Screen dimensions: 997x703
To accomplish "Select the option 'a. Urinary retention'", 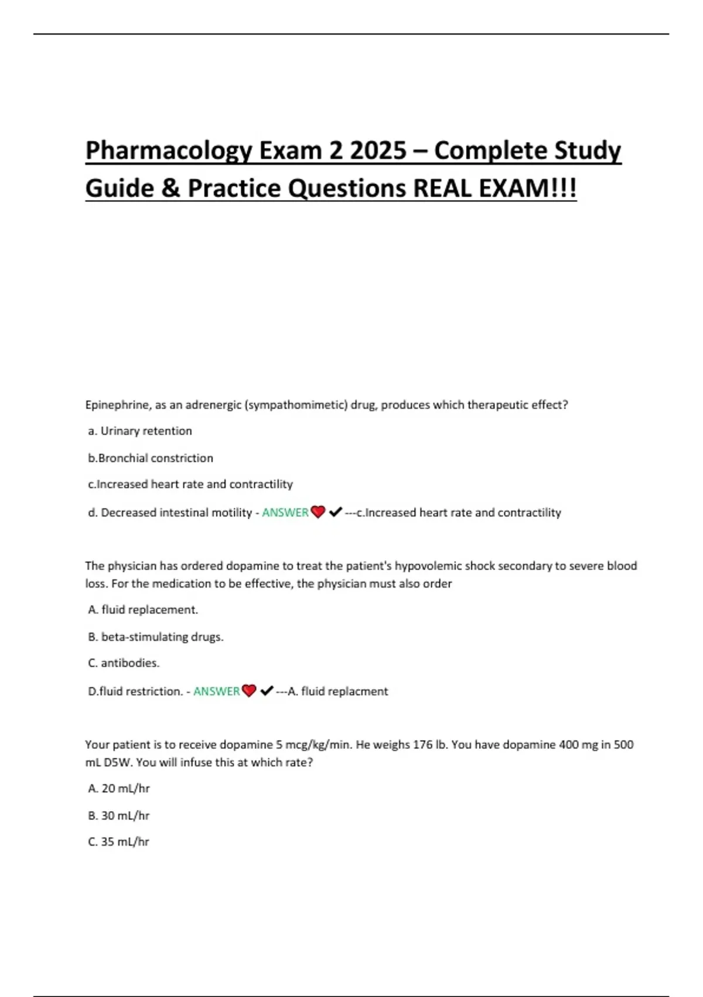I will pos(140,431).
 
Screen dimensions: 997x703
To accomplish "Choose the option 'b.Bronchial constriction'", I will pos(151,458).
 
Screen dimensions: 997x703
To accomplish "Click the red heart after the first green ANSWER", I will pos(318,512).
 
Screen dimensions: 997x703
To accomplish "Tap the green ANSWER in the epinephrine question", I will pos(285,513).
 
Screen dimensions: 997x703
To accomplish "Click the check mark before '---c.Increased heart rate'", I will pos(335,512).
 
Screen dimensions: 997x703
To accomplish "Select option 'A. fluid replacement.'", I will pos(143,610).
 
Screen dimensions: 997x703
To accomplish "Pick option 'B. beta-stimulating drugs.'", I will pos(156,637).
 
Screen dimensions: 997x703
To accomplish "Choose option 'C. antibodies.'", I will pos(124,663).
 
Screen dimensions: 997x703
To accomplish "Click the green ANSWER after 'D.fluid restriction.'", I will pos(216,691).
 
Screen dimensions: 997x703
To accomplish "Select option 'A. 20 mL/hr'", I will pos(119,789).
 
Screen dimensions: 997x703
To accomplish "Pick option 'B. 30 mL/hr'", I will pos(119,816).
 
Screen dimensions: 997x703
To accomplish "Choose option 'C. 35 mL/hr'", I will pos(119,842).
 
